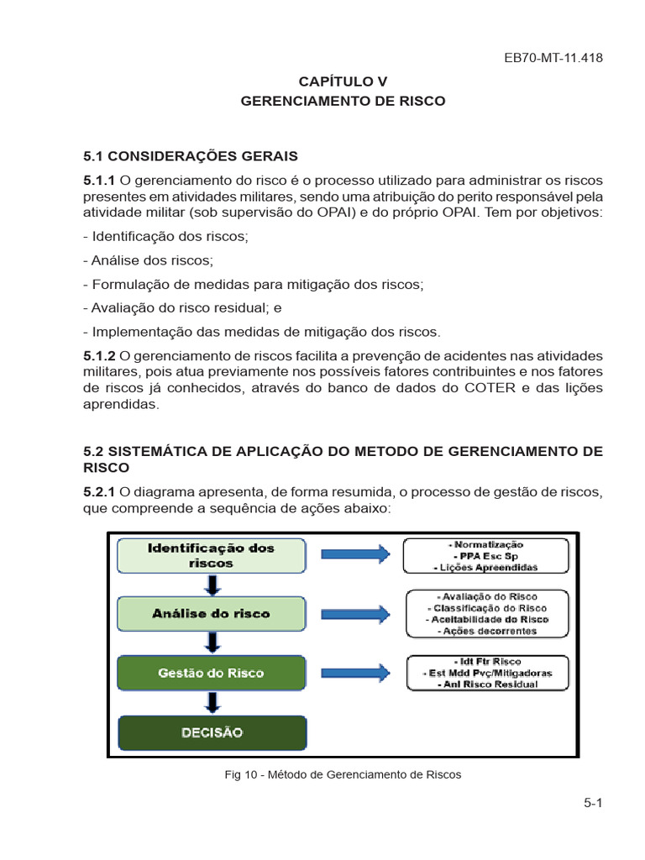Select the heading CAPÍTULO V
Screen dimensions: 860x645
click(343, 81)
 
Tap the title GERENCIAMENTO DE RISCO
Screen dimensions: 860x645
click(343, 101)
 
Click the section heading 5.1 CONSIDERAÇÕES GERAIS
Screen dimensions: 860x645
click(190, 156)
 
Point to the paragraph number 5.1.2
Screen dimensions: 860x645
click(100, 356)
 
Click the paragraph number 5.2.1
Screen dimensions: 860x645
click(100, 491)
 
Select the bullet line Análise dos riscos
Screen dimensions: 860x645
click(149, 260)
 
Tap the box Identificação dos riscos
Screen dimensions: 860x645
click(212, 556)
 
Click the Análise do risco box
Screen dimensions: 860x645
click(212, 614)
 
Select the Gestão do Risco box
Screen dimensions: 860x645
click(212, 673)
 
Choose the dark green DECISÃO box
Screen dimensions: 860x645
click(212, 732)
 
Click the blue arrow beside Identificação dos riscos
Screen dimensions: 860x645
click(355, 554)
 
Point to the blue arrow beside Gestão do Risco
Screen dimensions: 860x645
click(355, 672)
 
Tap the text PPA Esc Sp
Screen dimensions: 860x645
click(486, 556)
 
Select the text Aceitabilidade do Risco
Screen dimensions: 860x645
click(487, 619)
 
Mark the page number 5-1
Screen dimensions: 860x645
click(594, 803)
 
